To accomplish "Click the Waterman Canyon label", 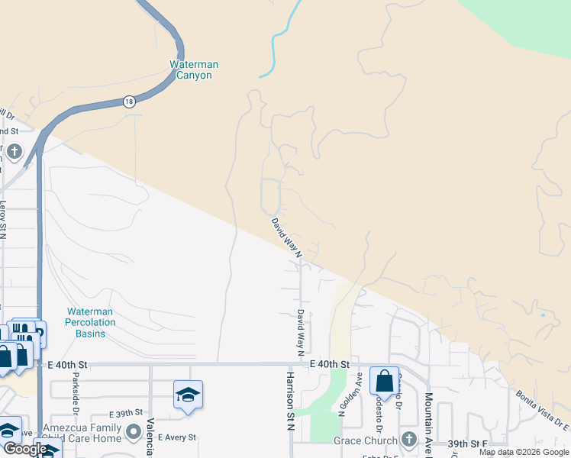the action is point(195,70).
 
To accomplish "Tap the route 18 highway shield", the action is point(130,102).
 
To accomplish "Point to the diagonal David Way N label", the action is point(287,237).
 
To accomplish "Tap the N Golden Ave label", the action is point(357,393).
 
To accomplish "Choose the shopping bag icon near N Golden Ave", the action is point(385,379).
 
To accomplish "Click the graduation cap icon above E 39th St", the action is point(188,394).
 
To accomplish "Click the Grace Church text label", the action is point(365,440).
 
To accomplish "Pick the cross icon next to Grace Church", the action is point(409,440).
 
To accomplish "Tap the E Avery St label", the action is point(176,437).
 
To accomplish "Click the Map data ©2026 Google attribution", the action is point(524,453).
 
